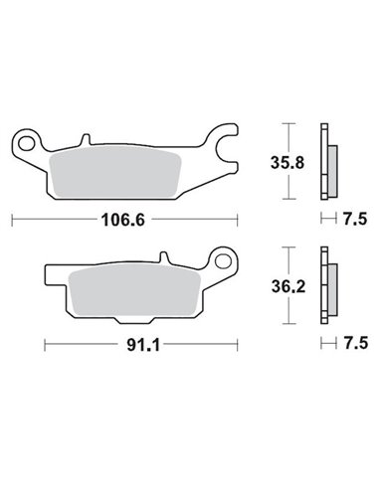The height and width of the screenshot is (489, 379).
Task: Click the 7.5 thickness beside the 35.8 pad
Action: click(353, 216)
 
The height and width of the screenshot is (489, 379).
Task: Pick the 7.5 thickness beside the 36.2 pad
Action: click(353, 345)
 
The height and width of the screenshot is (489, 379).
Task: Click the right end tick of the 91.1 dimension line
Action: click(236, 345)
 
